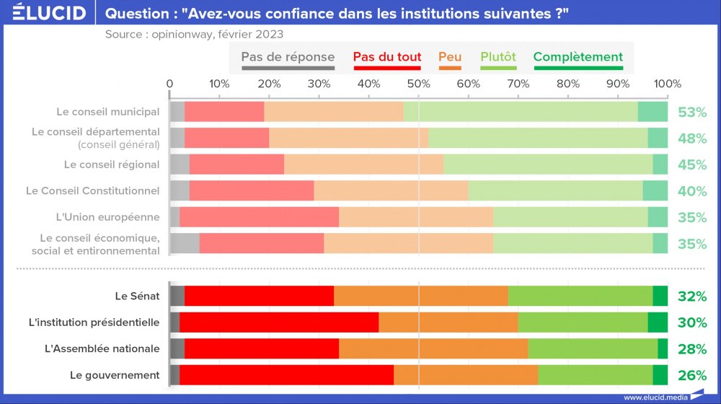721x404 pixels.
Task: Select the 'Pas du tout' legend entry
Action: (387, 57)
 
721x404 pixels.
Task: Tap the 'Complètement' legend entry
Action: (578, 57)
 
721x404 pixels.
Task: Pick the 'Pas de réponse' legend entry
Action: (288, 57)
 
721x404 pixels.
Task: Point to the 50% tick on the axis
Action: (418, 84)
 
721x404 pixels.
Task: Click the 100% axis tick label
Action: (668, 84)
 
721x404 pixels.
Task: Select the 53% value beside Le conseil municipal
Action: (691, 112)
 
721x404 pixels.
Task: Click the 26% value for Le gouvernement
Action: (691, 375)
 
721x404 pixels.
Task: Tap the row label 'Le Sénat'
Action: (137, 296)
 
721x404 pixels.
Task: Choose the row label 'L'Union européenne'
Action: (107, 217)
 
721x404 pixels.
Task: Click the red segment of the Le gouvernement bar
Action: (286, 375)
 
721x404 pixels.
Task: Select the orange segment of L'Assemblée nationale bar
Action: (433, 348)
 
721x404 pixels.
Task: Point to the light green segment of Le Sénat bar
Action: (580, 296)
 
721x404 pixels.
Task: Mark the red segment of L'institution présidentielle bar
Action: (279, 322)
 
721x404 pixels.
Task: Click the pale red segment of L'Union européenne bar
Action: (259, 217)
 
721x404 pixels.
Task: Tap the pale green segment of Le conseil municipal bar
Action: (520, 112)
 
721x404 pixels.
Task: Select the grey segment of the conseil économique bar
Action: (185, 243)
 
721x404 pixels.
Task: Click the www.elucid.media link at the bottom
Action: (655, 397)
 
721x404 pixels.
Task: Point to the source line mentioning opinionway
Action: (194, 34)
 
